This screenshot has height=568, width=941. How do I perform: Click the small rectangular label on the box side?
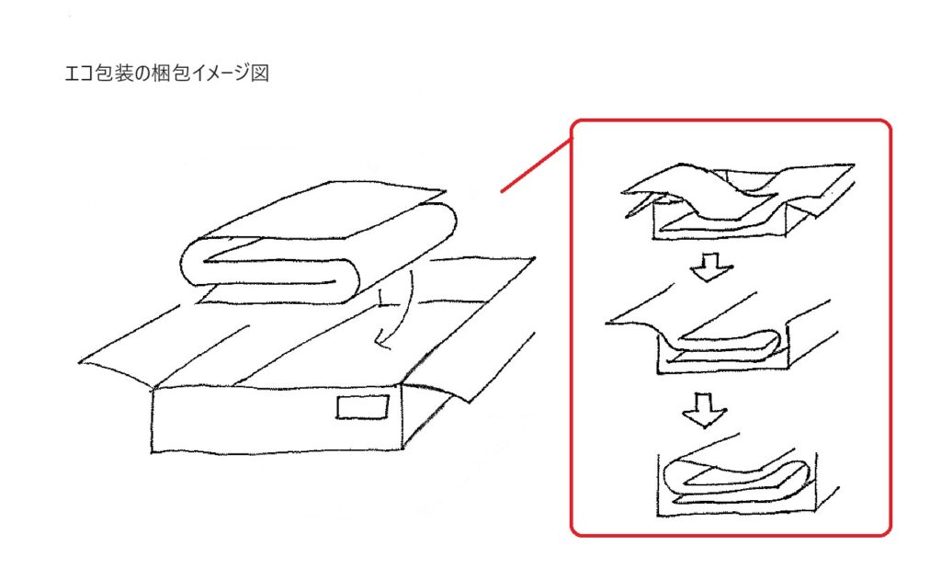click(x=362, y=407)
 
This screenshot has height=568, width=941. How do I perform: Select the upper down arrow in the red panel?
click(x=711, y=266)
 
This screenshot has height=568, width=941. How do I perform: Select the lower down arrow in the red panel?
click(x=705, y=410)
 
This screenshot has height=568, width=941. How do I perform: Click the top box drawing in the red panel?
click(x=738, y=201)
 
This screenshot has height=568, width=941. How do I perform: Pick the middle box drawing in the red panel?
click(x=720, y=334)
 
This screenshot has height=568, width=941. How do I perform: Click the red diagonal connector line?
click(x=536, y=165)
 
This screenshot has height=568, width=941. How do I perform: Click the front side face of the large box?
click(x=276, y=419)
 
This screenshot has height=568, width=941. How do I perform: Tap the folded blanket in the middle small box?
click(x=726, y=345)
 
